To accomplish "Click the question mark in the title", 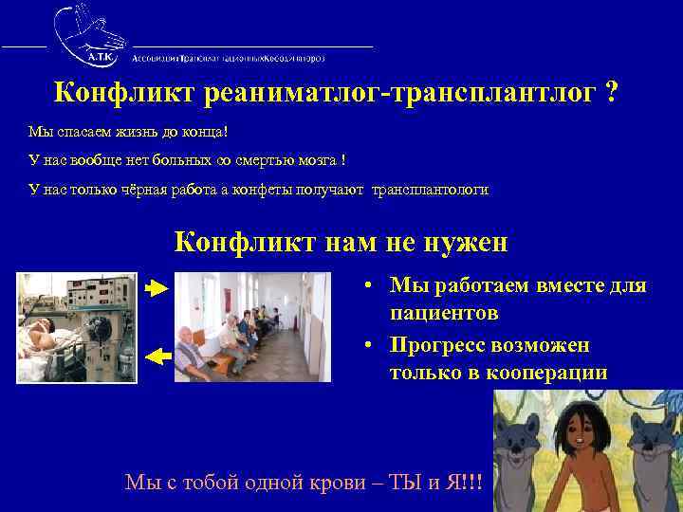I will coord(613,93).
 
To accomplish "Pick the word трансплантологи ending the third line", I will coord(431,190).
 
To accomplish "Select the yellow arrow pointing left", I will coord(157,357).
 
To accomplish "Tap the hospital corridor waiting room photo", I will coord(252,327).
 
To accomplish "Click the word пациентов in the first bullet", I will coord(444,312).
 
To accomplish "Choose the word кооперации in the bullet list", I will coord(545,372).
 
